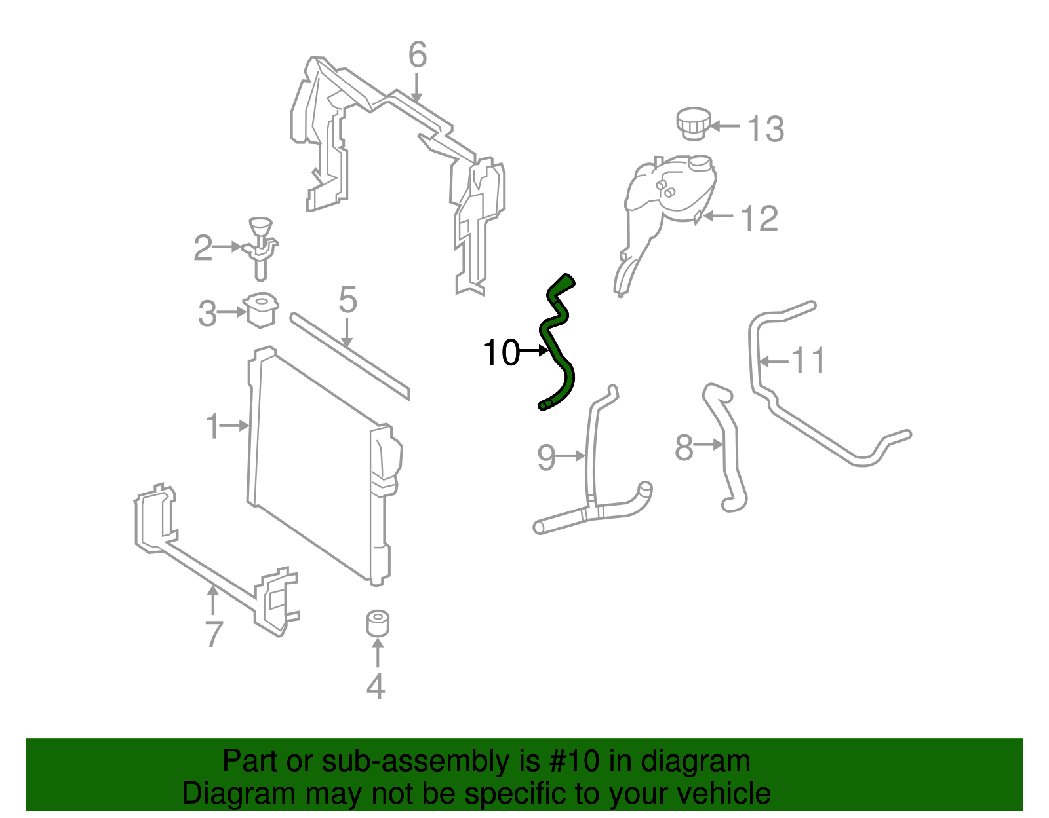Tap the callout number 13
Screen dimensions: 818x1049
pyautogui.click(x=765, y=129)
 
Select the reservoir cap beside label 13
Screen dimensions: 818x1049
pyautogui.click(x=693, y=123)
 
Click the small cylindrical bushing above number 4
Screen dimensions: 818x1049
pyautogui.click(x=378, y=623)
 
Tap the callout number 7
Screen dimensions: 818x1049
pyautogui.click(x=214, y=633)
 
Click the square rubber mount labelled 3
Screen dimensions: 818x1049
pyautogui.click(x=261, y=310)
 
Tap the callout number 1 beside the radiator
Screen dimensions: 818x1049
pyautogui.click(x=212, y=426)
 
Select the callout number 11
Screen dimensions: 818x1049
pyautogui.click(x=808, y=360)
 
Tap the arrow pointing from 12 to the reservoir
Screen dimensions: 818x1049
pyautogui.click(x=717, y=215)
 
